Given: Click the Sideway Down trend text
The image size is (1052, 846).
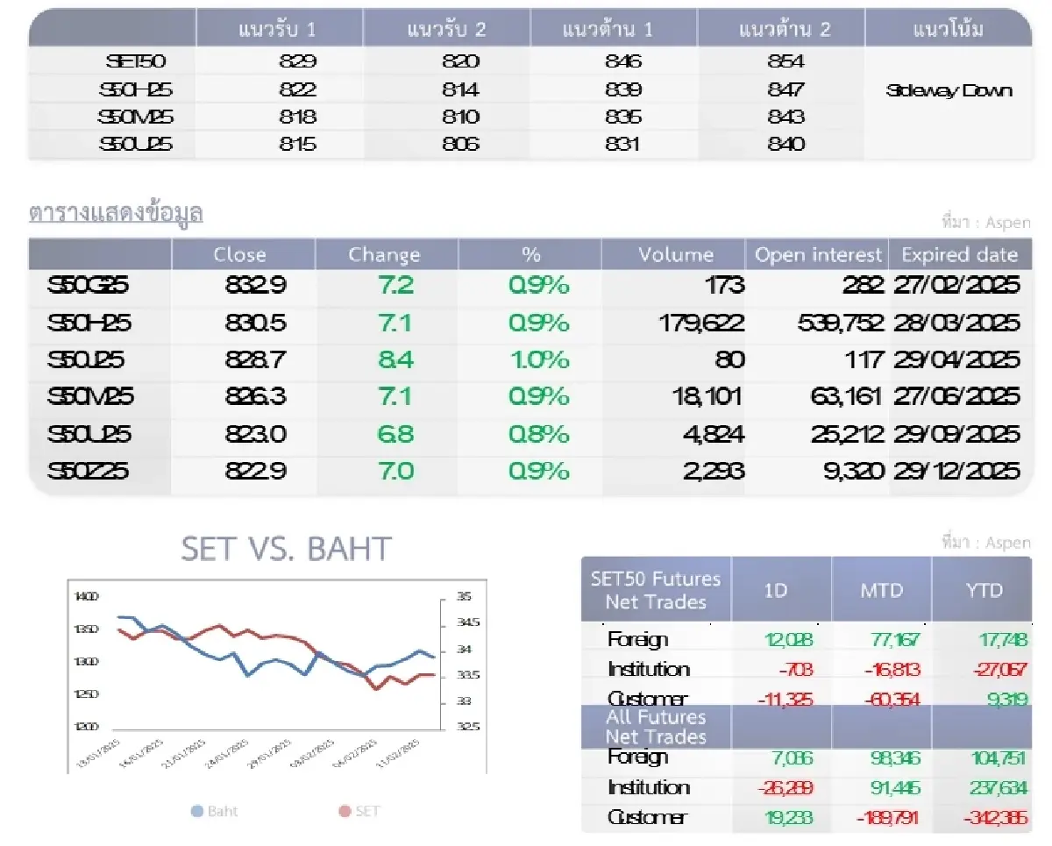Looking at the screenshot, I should pos(949,90).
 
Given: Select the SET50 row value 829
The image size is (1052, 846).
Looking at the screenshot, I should pos(297,61).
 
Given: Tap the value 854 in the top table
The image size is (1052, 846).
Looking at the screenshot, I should pos(785,61).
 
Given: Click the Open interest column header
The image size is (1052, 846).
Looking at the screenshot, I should pos(818,255).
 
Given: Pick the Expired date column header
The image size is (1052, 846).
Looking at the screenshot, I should pos(959,255).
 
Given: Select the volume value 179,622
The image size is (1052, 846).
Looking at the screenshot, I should pos(701,323).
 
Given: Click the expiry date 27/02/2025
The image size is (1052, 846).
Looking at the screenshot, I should pos(957,286).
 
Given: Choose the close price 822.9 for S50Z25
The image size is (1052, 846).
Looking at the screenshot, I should pos(255,472).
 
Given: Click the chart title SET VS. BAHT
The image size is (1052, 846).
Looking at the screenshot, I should pos(286,550).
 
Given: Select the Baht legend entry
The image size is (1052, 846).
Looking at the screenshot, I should pos(215,811).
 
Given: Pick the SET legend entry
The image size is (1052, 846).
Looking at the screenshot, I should pos(360,811).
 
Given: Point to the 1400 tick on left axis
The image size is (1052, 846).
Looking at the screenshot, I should pos(87,596).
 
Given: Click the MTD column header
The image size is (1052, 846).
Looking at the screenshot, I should pos(881,590).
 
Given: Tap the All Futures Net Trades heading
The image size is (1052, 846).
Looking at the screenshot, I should pos(656,727).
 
